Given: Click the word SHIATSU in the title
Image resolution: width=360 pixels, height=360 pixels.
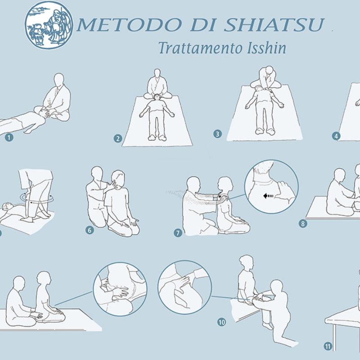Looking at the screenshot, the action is click(x=274, y=25).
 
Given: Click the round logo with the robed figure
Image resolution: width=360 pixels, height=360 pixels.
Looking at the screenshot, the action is click(x=49, y=25).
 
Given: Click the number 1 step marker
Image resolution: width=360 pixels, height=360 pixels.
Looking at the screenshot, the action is click(x=9, y=138).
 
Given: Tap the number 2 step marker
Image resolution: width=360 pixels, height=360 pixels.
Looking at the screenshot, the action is click(x=118, y=139).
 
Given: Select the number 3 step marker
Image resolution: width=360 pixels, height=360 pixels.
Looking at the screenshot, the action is click(x=217, y=134).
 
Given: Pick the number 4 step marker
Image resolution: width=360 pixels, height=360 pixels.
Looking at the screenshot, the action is click(x=336, y=136).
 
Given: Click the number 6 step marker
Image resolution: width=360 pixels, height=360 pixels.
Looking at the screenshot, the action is click(x=90, y=230).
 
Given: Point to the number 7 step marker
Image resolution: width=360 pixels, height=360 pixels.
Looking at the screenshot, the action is click(x=178, y=233).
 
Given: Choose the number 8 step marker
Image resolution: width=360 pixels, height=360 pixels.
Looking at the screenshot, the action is click(x=303, y=223).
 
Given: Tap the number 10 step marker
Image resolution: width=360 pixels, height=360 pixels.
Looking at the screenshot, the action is click(x=221, y=322).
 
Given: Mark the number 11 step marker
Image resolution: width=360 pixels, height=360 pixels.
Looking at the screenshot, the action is click(x=328, y=346).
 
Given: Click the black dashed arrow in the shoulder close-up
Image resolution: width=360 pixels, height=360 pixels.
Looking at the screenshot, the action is click(x=269, y=196).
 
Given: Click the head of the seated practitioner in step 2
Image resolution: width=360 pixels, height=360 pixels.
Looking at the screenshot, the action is click(x=157, y=74).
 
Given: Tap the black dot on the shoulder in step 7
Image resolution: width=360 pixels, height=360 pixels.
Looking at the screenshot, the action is click(x=220, y=197).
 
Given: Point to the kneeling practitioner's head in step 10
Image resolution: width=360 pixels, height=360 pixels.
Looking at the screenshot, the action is click(x=276, y=287).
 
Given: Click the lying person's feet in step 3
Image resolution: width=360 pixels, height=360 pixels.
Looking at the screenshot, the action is click(x=265, y=131).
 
